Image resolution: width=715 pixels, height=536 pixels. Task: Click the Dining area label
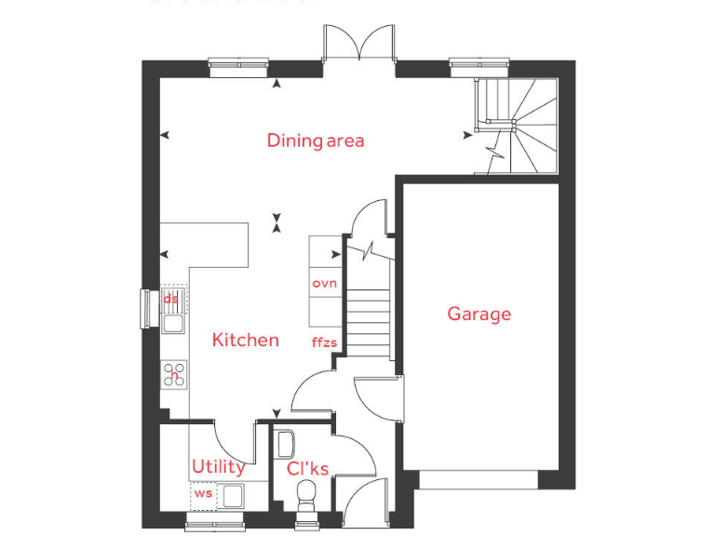(315, 141)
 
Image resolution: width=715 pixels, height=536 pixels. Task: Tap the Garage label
(479, 314)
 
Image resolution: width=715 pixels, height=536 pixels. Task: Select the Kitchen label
(245, 340)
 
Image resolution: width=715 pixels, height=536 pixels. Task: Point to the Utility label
(218, 466)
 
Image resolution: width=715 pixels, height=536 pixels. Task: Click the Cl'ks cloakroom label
(307, 469)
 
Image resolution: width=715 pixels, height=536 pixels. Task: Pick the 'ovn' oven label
(324, 283)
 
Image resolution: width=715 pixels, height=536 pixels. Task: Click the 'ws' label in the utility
(202, 492)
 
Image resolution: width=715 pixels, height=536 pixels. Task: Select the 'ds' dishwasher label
(170, 299)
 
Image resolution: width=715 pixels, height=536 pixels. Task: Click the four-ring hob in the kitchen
(173, 374)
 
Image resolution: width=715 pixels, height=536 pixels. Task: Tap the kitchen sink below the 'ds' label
(173, 323)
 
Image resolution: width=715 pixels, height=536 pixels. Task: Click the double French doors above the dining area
(360, 43)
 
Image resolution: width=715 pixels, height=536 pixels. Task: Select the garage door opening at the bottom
(478, 479)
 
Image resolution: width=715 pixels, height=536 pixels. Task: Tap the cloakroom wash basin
(286, 442)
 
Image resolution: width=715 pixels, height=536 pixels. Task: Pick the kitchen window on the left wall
(145, 309)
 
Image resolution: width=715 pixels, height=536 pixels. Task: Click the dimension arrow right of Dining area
(467, 136)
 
